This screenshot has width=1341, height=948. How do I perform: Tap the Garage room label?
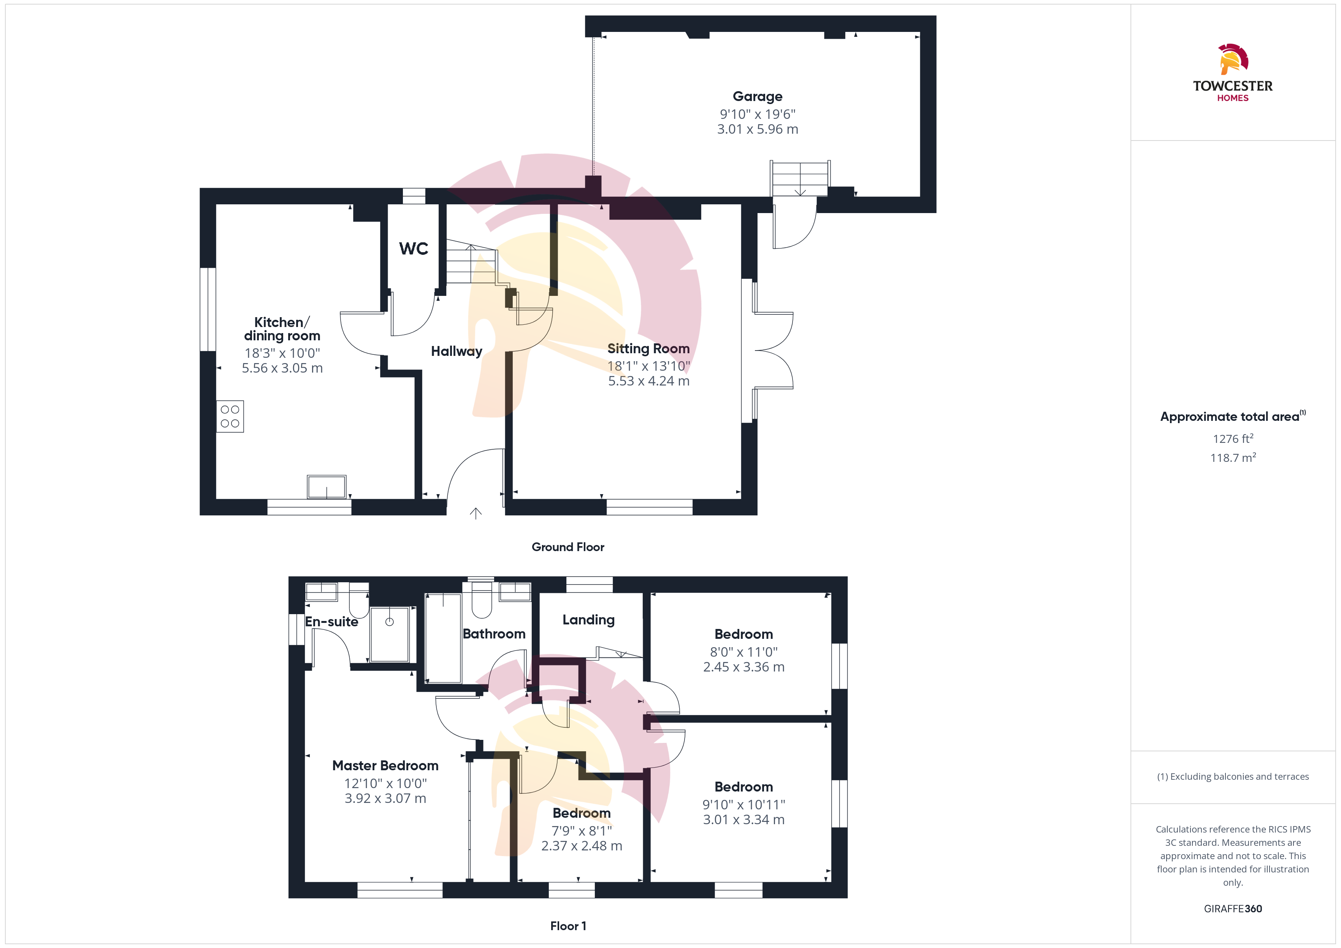point(758,96)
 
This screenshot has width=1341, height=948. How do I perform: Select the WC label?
point(414,249)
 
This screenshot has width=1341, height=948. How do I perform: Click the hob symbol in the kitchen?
point(230,416)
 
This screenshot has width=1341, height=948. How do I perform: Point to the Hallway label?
point(457,351)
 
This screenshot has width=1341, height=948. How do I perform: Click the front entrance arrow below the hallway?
point(476,513)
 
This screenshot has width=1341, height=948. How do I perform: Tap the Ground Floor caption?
point(568,547)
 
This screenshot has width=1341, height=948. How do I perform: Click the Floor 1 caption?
point(568,926)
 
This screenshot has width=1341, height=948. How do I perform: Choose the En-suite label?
point(332,622)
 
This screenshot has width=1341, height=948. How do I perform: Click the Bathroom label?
point(494,634)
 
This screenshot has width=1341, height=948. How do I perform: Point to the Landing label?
point(589,620)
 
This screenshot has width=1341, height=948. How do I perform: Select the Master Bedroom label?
point(385,765)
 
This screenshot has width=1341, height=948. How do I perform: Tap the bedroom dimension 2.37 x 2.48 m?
point(582,846)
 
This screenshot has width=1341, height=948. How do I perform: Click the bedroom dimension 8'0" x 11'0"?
point(744,652)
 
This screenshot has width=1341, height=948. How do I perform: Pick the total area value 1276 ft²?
point(1233,438)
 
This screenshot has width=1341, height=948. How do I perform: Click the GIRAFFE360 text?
point(1233,909)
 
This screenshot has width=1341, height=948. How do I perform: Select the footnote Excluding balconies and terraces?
point(1233,776)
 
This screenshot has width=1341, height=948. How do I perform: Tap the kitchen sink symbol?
point(327,487)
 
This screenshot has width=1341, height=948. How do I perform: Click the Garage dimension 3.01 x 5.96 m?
point(758,129)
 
